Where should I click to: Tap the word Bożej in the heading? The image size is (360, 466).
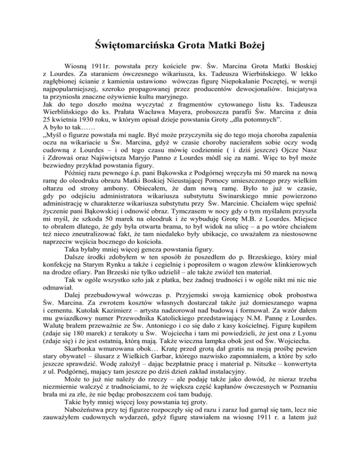click(253, 46)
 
